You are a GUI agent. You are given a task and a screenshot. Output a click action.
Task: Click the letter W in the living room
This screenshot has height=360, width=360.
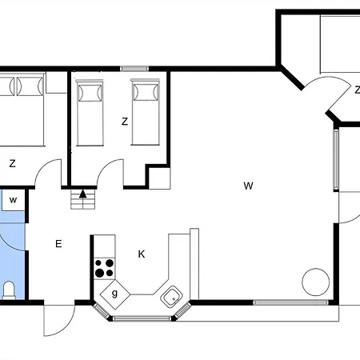tap(248, 186)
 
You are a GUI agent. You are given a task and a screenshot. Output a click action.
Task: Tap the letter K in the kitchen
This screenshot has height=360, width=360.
tap(142, 254)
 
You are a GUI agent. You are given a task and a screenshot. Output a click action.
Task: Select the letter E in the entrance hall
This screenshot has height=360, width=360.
tap(58, 243)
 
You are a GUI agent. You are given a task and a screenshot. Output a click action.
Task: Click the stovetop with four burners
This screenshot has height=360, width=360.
tap(105, 269)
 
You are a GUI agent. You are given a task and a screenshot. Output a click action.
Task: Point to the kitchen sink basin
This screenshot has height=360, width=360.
tap(171, 297)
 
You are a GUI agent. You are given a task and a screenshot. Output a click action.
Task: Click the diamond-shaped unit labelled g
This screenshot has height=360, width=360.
tap(115, 294)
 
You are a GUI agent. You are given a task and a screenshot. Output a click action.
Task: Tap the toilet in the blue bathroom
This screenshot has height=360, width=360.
tap(9, 290)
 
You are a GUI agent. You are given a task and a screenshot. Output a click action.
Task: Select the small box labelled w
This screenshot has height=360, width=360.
tap(13, 200)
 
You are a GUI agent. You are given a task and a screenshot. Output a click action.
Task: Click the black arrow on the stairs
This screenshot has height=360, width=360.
tap(83, 194)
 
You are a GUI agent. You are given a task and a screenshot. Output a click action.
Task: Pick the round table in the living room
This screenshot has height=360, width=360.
tap(316, 282)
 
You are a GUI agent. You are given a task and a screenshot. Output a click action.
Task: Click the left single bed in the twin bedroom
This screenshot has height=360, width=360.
tap(90, 113)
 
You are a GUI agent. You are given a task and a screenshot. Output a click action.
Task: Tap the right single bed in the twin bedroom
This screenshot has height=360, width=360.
tap(146, 112)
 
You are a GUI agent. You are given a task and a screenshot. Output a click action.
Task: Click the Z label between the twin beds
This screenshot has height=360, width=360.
tap(125, 122)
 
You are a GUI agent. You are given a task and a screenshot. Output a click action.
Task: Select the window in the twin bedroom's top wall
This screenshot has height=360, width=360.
tap(134, 69)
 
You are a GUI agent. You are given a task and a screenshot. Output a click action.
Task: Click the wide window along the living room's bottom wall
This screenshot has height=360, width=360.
tap(290, 302)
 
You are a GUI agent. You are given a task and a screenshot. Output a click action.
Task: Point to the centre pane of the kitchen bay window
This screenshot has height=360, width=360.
tap(142, 318)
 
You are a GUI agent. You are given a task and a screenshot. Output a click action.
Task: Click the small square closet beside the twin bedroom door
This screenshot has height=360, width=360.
tap(159, 178)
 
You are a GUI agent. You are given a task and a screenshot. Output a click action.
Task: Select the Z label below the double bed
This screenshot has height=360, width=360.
tap(12, 163)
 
